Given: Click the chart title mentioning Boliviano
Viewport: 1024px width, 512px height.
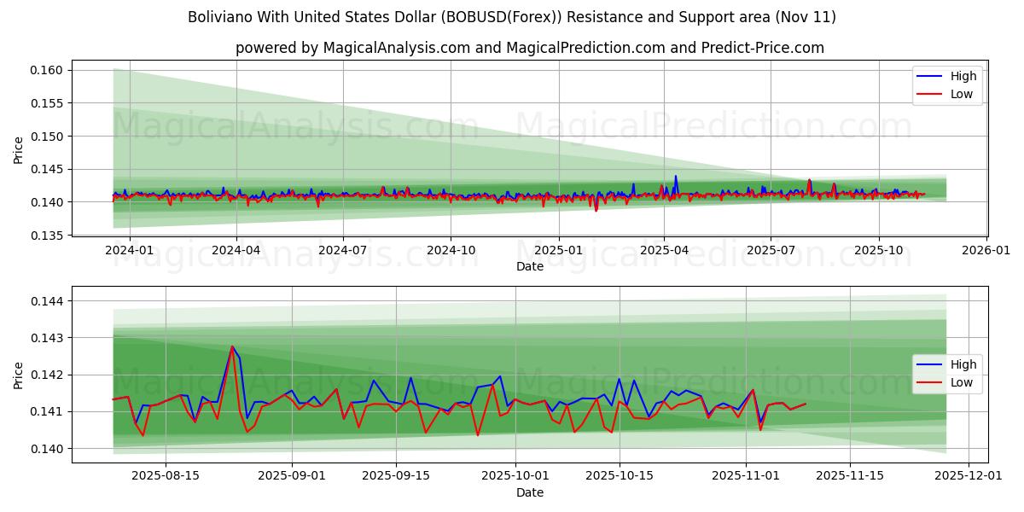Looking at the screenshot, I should point(512,17).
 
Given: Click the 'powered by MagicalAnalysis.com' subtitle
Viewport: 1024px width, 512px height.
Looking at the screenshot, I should point(529,48).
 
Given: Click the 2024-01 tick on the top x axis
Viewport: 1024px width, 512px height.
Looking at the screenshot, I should point(129,251).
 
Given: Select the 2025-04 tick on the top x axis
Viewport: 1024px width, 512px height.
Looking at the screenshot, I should point(664,251).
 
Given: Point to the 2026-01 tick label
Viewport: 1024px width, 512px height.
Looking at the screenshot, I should point(986,251).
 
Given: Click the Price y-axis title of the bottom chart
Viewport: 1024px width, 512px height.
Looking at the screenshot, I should point(19,375).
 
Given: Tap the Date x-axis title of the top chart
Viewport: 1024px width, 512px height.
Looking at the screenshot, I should point(529,266).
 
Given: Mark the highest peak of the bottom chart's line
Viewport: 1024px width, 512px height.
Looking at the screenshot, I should point(232,346).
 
